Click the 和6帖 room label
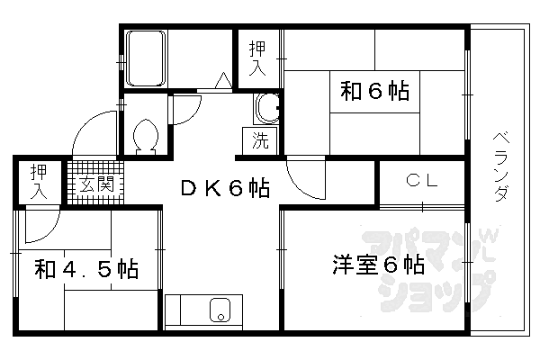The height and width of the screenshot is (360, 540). click(x=375, y=91)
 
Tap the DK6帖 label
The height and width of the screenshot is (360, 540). click(x=225, y=188)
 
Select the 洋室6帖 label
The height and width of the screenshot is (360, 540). click(x=378, y=265)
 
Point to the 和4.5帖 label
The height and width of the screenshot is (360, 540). click(x=86, y=269)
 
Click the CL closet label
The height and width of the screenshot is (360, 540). click(x=422, y=180)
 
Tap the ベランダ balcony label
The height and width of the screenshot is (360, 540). click(x=501, y=166)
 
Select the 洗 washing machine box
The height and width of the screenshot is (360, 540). click(x=260, y=141)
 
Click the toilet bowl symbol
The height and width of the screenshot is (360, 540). click(x=146, y=136)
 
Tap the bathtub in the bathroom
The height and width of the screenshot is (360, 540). click(x=146, y=58)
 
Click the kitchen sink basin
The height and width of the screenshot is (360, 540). click(x=220, y=310)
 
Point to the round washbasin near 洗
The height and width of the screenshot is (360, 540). click(x=268, y=109)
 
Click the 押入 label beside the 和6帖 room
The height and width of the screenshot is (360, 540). click(x=257, y=58)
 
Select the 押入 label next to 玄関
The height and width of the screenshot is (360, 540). click(x=39, y=182)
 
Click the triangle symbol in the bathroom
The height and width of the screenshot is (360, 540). click(x=223, y=80)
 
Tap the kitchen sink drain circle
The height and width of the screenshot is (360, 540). click(x=220, y=317)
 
